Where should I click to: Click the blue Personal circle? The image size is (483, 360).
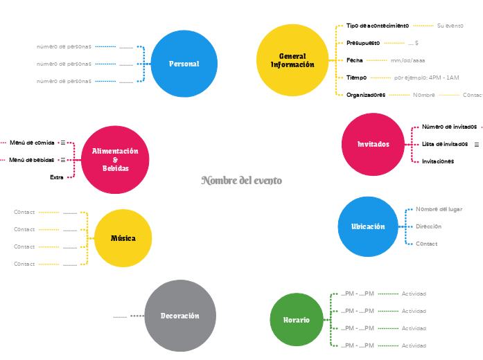pos(184,64)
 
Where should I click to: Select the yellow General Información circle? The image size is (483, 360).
pos(292,60)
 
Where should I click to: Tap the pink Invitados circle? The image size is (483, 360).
pos(373,144)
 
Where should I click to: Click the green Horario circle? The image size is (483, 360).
pos(297,320)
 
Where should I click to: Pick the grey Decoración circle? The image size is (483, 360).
pos(179,316)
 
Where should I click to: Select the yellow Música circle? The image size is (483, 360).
pos(123,238)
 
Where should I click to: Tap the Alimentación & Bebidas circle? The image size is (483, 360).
pos(115,160)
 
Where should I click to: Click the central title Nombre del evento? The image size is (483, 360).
pos(242,181)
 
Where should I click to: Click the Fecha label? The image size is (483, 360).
pos(355,60)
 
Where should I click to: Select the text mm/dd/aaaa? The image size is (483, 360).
pos(408,60)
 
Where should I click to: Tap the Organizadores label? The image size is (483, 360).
pos(366,95)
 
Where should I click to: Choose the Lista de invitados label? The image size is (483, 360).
pos(445,144)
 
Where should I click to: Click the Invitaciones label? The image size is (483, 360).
pos(438,161)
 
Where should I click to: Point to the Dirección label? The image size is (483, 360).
pos(428,226)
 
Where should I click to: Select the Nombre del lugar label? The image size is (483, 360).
pos(439,209)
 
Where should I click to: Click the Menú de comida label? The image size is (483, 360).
pos(32,143)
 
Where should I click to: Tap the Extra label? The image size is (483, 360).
pos(57,177)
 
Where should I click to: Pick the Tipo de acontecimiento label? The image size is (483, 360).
pos(378,26)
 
